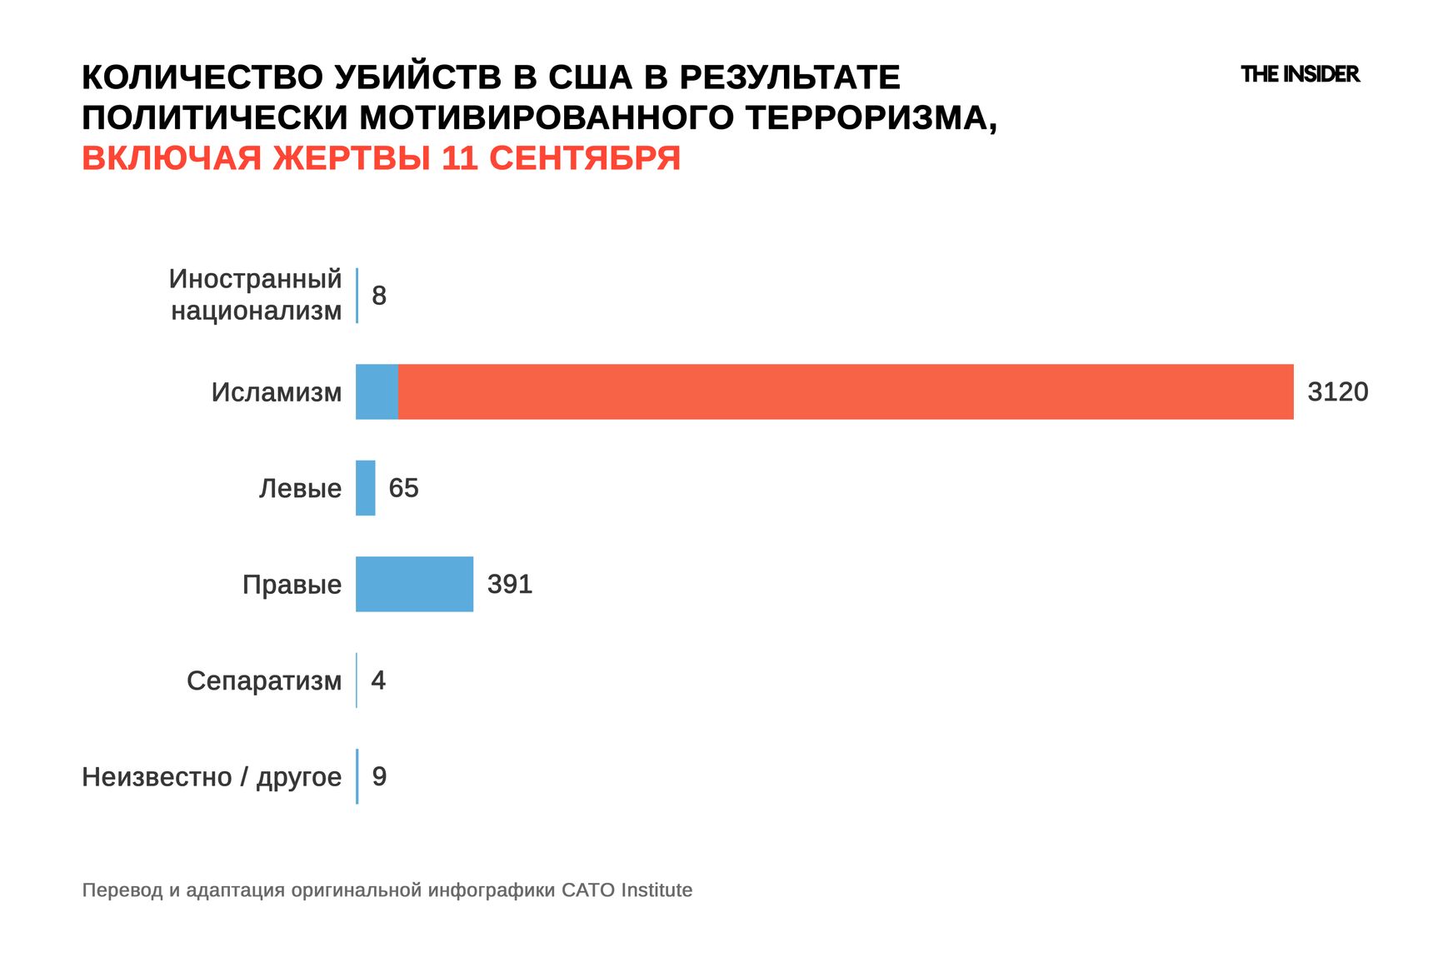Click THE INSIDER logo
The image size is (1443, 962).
tap(1300, 74)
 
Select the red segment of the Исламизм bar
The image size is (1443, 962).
tap(846, 391)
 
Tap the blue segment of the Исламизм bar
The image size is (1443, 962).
tap(377, 391)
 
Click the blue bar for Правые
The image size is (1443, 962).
tap(414, 584)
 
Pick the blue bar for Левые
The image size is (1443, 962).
tap(366, 488)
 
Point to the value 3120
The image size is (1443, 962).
tap(1337, 391)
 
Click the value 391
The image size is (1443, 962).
tap(509, 584)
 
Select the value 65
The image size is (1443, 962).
tap(403, 488)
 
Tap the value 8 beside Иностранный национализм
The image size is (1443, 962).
tap(379, 296)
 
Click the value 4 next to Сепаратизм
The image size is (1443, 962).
tap(378, 680)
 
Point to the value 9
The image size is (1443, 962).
tap(379, 776)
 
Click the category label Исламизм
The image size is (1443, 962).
tap(276, 391)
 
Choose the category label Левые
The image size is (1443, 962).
tap(300, 488)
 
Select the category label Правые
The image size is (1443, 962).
tap(292, 584)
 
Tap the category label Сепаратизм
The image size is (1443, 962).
tap(264, 680)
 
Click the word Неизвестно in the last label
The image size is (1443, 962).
tap(157, 776)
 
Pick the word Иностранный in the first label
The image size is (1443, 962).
tap(255, 279)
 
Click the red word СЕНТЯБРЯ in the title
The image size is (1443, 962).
tap(584, 157)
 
